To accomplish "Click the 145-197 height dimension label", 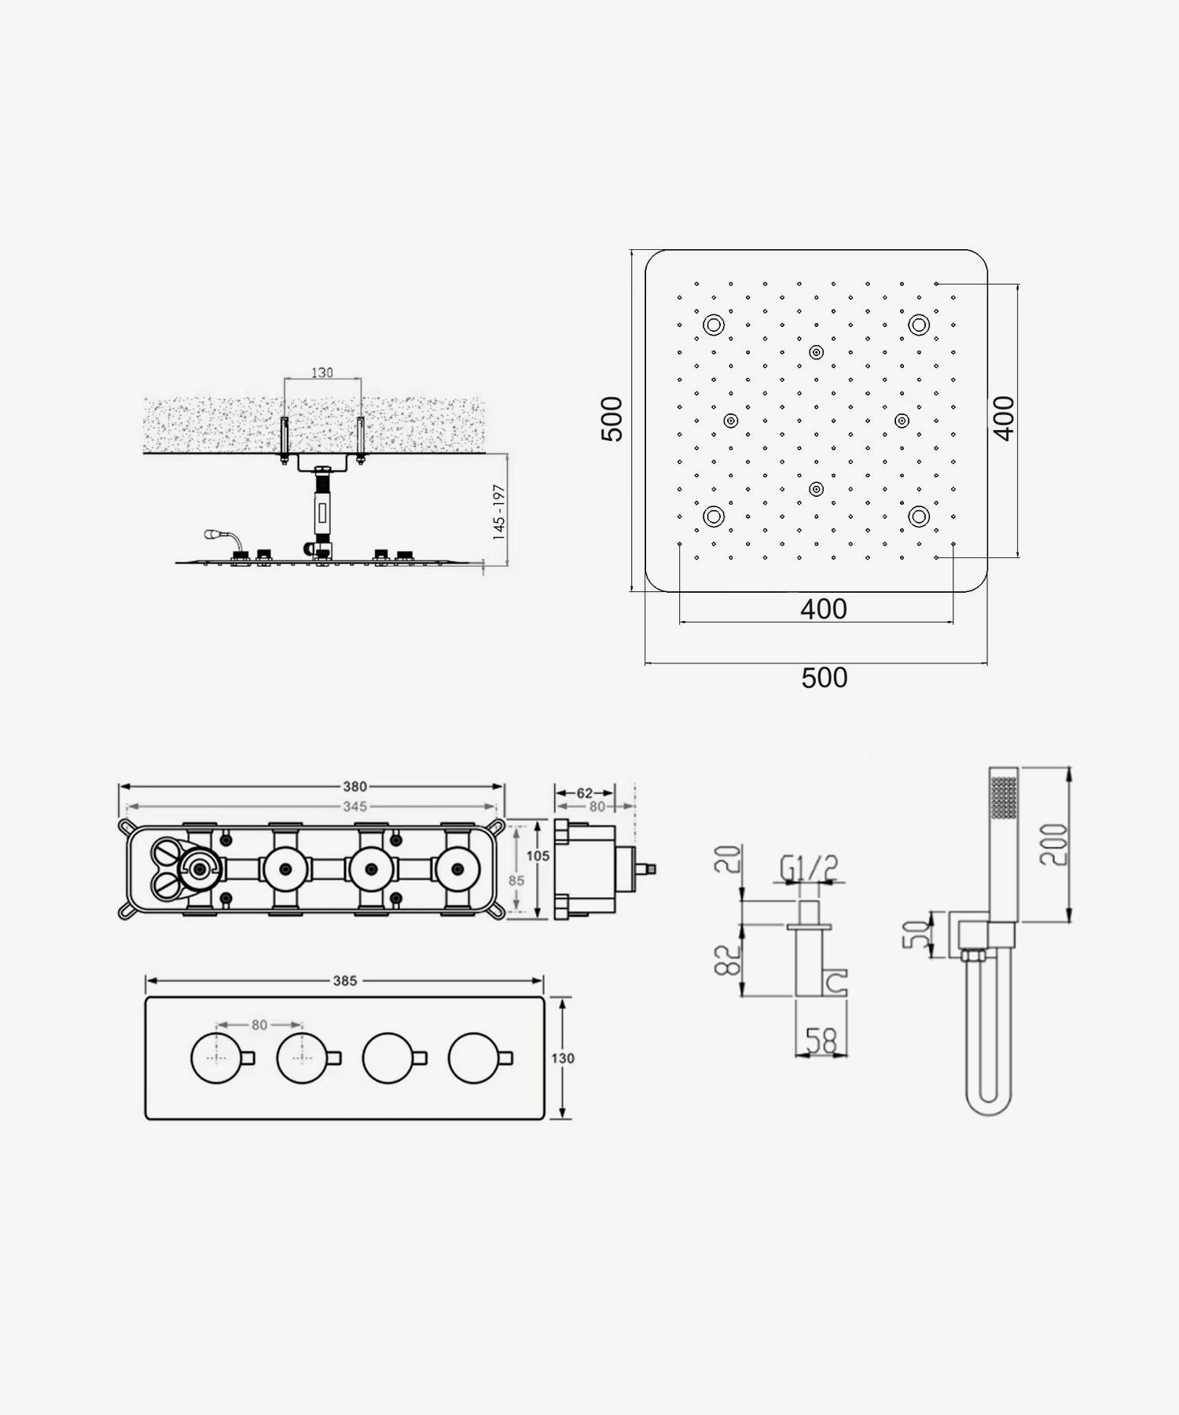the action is pyautogui.click(x=498, y=511).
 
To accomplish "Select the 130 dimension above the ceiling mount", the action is pyautogui.click(x=322, y=373).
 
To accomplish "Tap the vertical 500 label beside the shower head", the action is pyautogui.click(x=612, y=419).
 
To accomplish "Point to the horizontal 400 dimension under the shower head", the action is pyautogui.click(x=824, y=609).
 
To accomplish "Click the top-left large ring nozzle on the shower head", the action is pyautogui.click(x=714, y=325).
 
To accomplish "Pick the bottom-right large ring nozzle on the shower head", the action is pyautogui.click(x=919, y=516).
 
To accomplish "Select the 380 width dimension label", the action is pyautogui.click(x=354, y=786).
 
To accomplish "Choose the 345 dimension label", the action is pyautogui.click(x=354, y=807).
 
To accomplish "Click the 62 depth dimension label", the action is pyautogui.click(x=585, y=792).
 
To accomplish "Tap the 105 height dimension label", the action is pyautogui.click(x=538, y=855).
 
